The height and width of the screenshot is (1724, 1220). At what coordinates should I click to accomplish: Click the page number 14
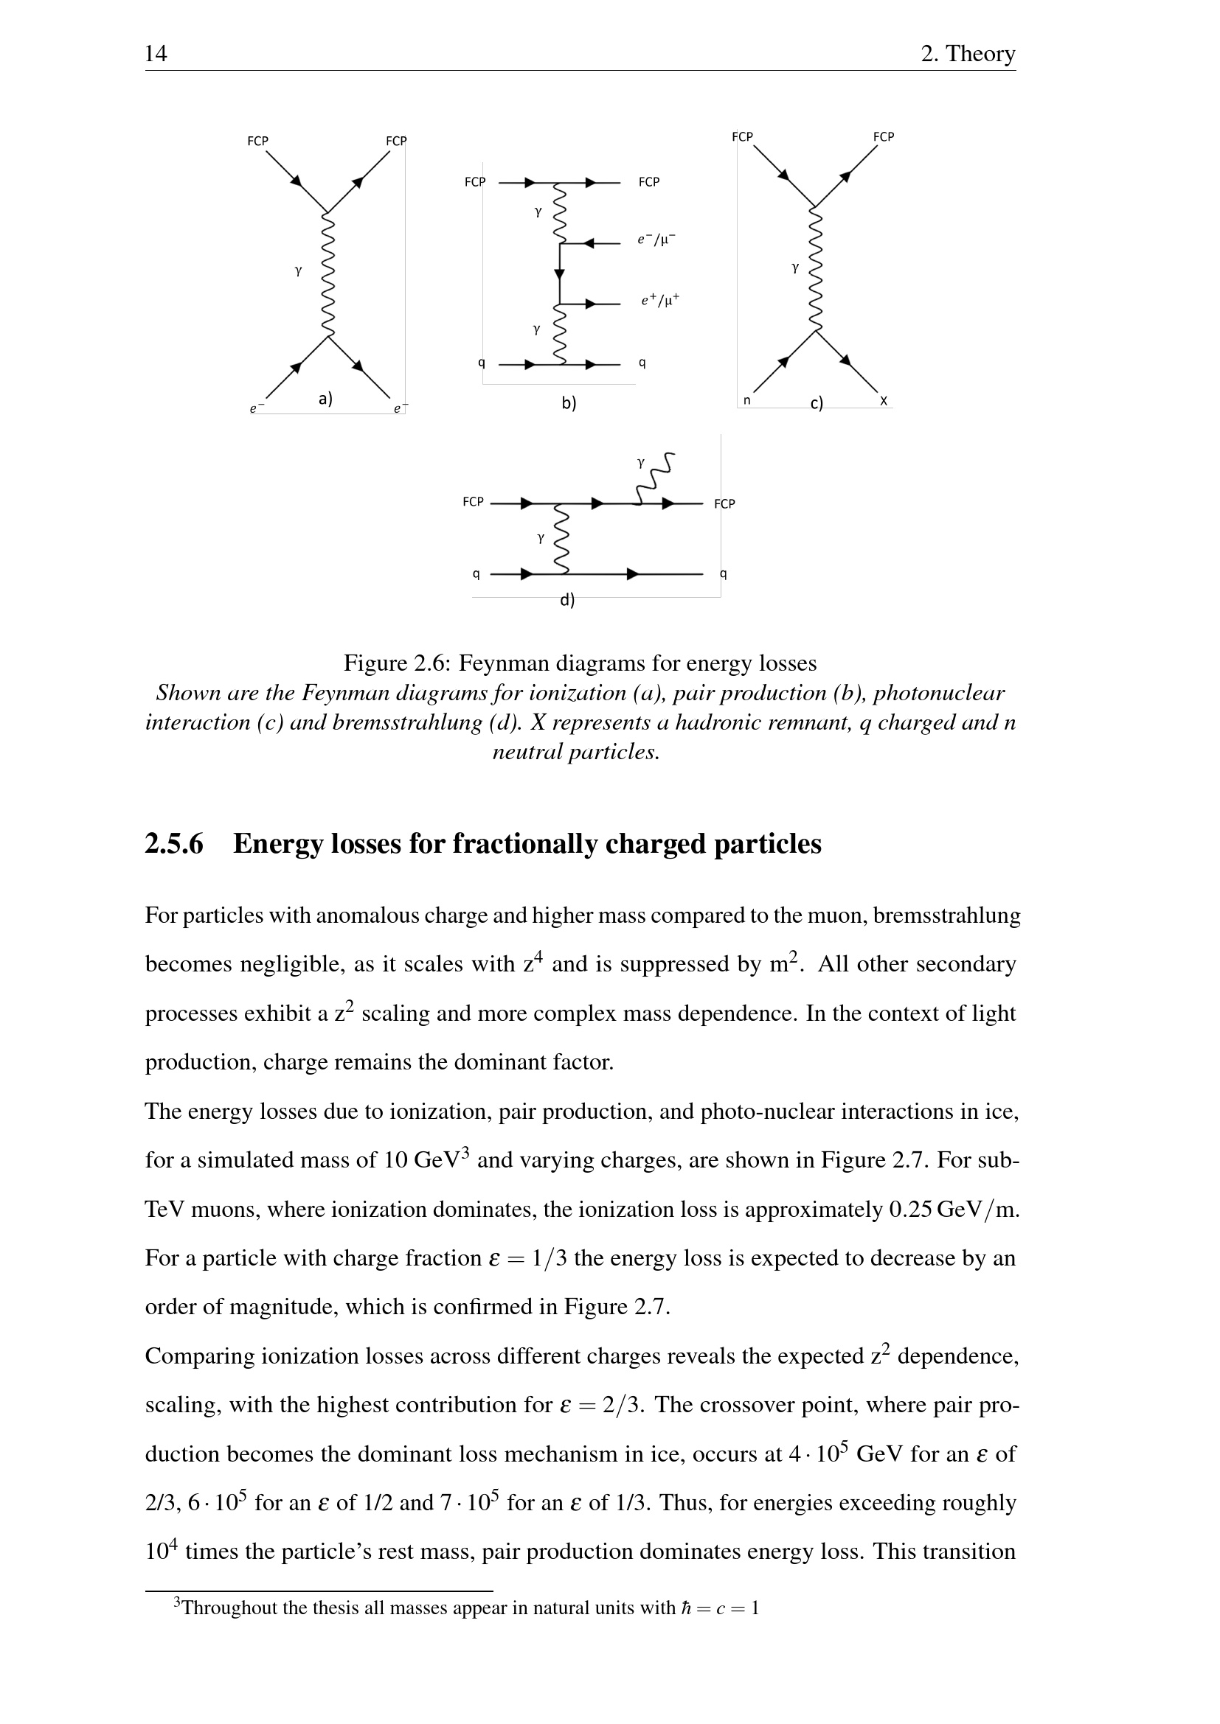point(156,54)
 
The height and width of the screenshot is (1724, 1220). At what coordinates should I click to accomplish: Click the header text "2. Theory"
point(968,54)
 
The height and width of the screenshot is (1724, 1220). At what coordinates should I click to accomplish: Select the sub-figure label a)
point(325,399)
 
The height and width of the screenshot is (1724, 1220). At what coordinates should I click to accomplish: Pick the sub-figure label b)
point(569,403)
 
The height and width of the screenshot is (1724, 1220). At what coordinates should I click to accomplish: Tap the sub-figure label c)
point(817,404)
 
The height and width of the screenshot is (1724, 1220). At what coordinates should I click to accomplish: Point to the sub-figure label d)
point(567,600)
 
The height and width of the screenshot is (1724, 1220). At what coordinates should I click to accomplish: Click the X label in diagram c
point(884,402)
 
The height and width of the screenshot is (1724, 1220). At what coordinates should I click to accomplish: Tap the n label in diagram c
point(746,401)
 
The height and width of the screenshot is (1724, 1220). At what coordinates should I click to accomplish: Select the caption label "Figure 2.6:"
point(398,664)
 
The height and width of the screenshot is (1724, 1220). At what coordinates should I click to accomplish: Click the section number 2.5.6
point(174,845)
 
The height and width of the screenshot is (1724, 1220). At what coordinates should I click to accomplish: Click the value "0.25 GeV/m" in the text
point(953,1210)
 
